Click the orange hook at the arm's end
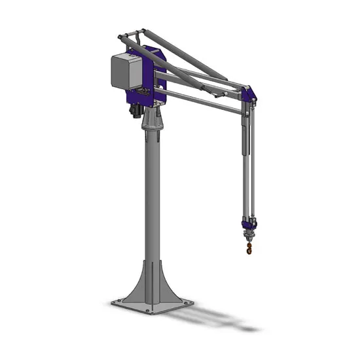(x=249, y=247)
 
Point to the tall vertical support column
(x=152, y=196)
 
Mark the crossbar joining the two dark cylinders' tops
(x=131, y=33)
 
